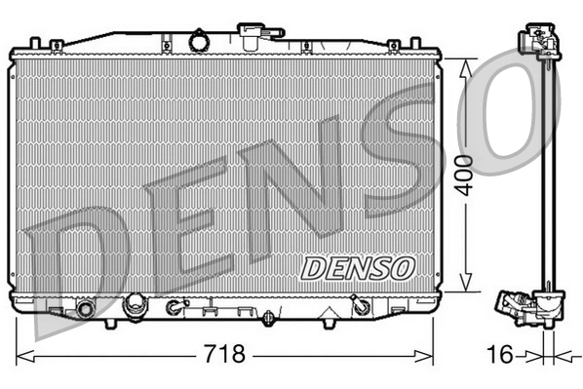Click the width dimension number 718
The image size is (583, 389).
[223, 353]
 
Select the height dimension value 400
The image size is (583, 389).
[469, 175]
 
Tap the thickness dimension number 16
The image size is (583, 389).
[499, 354]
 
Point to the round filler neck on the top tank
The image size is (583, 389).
[200, 43]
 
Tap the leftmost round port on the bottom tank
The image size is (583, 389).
[86, 309]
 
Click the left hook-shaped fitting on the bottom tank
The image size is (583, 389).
[175, 307]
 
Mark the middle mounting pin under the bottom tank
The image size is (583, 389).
[268, 318]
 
